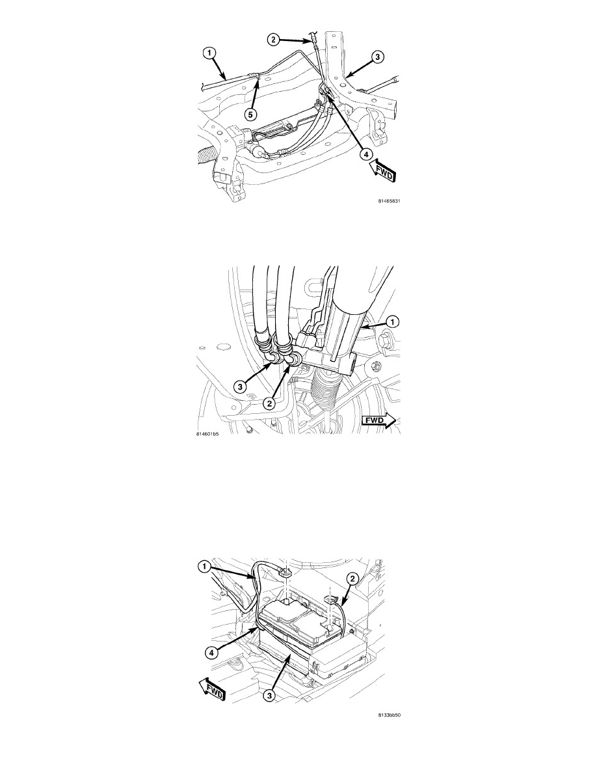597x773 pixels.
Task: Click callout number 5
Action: click(x=251, y=115)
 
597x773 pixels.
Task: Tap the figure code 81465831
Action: click(x=388, y=200)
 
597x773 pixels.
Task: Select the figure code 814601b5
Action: click(x=207, y=434)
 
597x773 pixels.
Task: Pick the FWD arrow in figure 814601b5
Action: click(x=378, y=420)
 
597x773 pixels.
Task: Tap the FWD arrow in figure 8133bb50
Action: click(x=212, y=689)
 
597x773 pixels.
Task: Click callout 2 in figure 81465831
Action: click(x=274, y=40)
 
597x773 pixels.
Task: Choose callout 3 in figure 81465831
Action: click(x=377, y=57)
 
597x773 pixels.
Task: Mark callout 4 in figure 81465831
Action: click(x=365, y=154)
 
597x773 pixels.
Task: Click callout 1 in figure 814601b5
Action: click(x=392, y=321)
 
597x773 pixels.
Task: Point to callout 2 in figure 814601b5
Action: click(x=269, y=403)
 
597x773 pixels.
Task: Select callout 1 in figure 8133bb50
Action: click(x=204, y=567)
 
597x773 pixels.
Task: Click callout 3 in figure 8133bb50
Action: click(x=269, y=696)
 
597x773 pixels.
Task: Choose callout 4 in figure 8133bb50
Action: click(x=210, y=652)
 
